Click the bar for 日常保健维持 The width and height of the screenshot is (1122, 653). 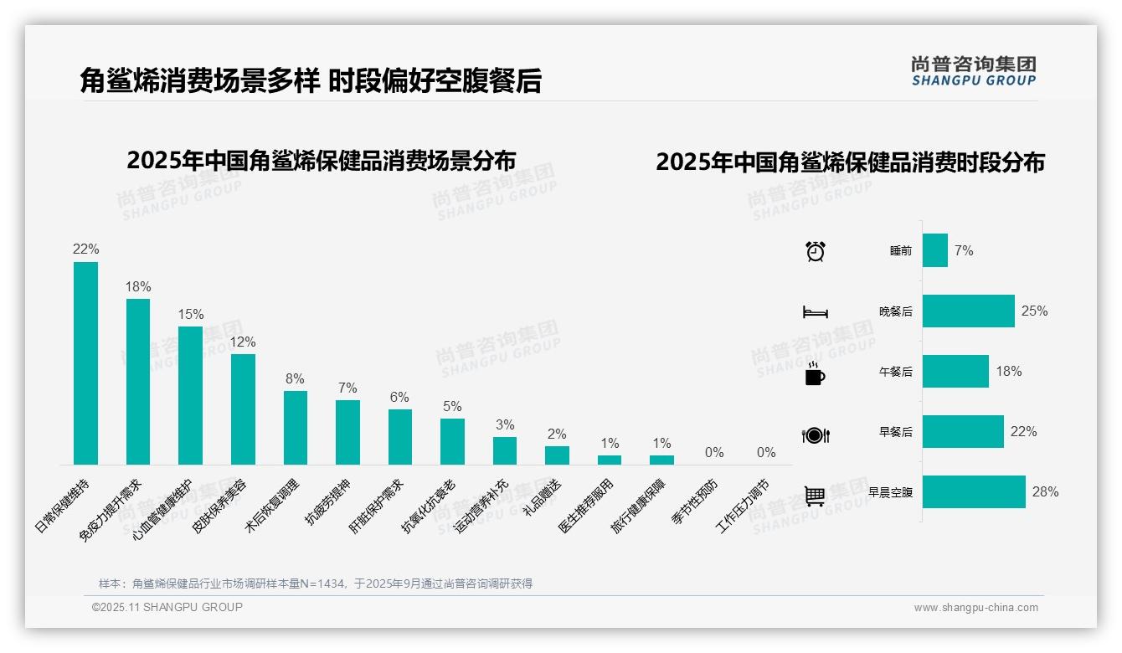click(x=85, y=363)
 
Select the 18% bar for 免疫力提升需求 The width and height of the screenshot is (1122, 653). click(x=138, y=382)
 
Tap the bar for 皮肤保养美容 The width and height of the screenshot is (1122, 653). click(x=243, y=409)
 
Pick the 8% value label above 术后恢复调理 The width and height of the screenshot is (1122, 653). click(x=295, y=379)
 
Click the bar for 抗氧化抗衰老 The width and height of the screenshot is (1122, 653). click(x=452, y=441)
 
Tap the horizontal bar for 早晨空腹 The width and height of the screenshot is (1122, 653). click(x=974, y=492)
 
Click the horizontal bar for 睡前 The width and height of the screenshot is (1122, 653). click(x=935, y=250)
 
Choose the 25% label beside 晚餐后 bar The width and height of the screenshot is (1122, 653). click(x=1034, y=311)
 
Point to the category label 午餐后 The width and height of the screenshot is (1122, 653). click(x=895, y=372)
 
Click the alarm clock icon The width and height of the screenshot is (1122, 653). click(x=816, y=251)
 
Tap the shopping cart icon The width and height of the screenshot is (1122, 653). click(x=815, y=496)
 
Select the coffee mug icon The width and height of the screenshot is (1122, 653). click(x=815, y=374)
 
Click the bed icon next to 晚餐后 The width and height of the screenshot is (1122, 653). click(x=815, y=312)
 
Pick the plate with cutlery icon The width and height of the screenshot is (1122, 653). click(x=815, y=435)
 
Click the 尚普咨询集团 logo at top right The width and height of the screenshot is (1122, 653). click(x=973, y=71)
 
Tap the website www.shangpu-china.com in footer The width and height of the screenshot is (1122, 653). click(x=975, y=608)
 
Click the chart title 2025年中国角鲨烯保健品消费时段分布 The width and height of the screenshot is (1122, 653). click(x=850, y=162)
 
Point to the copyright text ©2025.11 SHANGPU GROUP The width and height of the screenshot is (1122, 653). click(x=167, y=607)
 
